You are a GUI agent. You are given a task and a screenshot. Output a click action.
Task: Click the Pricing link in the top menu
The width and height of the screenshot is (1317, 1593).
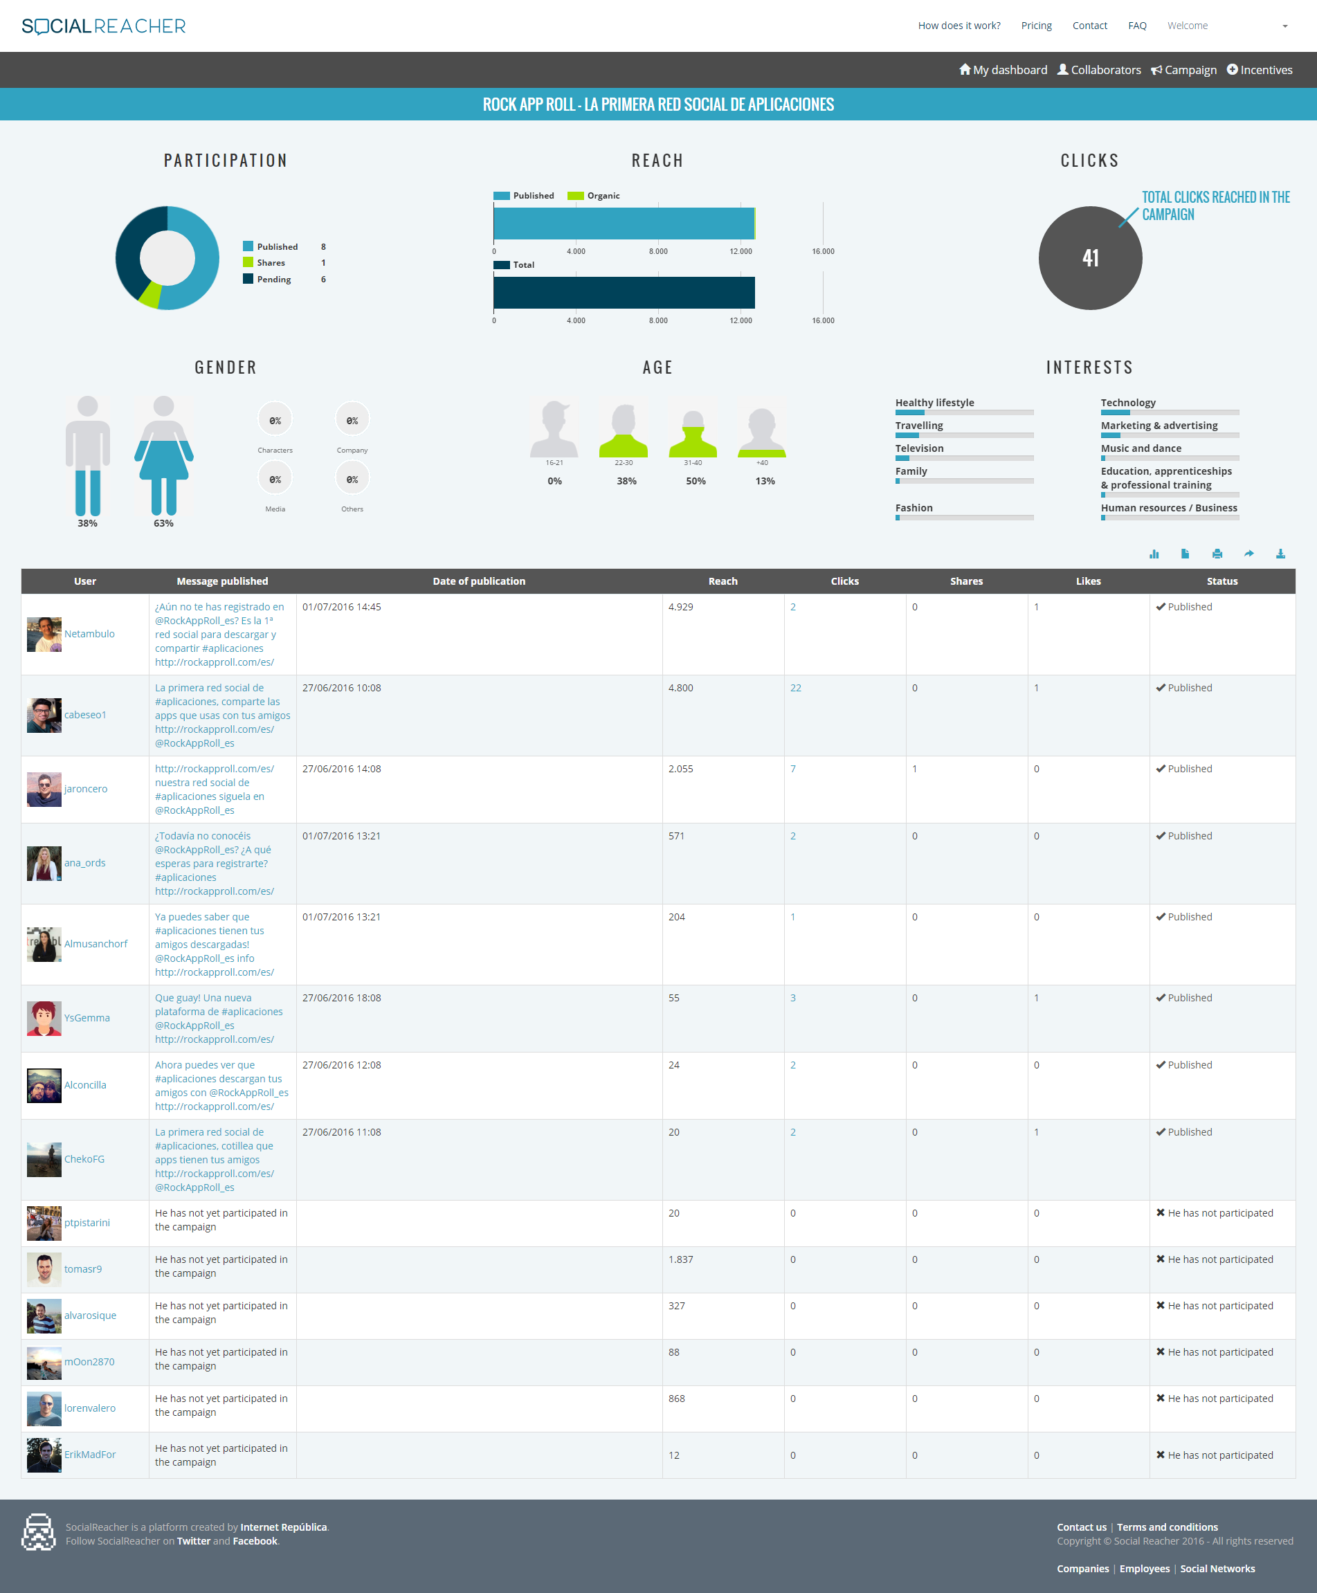point(1035,26)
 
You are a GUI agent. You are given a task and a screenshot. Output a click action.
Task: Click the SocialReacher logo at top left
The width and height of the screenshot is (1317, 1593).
point(104,26)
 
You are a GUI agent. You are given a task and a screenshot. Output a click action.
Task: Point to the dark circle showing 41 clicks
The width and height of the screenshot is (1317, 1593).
point(1089,258)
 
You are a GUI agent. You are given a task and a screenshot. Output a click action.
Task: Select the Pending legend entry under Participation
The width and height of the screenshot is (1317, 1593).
point(273,279)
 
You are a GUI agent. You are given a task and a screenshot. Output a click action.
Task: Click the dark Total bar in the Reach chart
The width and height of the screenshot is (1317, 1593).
point(624,293)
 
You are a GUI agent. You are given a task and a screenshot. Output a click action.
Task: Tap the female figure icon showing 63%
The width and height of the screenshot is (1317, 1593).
point(164,455)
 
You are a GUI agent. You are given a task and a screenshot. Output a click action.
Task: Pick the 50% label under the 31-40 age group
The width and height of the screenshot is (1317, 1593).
point(696,481)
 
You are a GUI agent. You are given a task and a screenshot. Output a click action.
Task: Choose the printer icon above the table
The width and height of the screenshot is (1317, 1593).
point(1217,554)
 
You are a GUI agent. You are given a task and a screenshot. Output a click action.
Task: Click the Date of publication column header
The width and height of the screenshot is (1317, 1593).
point(479,581)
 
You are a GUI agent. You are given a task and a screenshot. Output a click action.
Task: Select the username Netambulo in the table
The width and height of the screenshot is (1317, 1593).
point(89,634)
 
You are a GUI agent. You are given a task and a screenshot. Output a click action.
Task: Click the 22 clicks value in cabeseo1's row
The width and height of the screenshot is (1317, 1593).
point(795,688)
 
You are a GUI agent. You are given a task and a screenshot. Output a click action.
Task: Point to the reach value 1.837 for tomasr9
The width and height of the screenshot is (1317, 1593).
point(680,1259)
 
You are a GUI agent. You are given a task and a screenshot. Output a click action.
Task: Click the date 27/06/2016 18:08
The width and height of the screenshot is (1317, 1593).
point(341,997)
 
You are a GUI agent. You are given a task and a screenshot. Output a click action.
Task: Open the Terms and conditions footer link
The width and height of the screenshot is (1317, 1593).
point(1167,1527)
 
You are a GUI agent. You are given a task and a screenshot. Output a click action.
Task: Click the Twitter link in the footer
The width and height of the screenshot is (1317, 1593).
point(194,1540)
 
